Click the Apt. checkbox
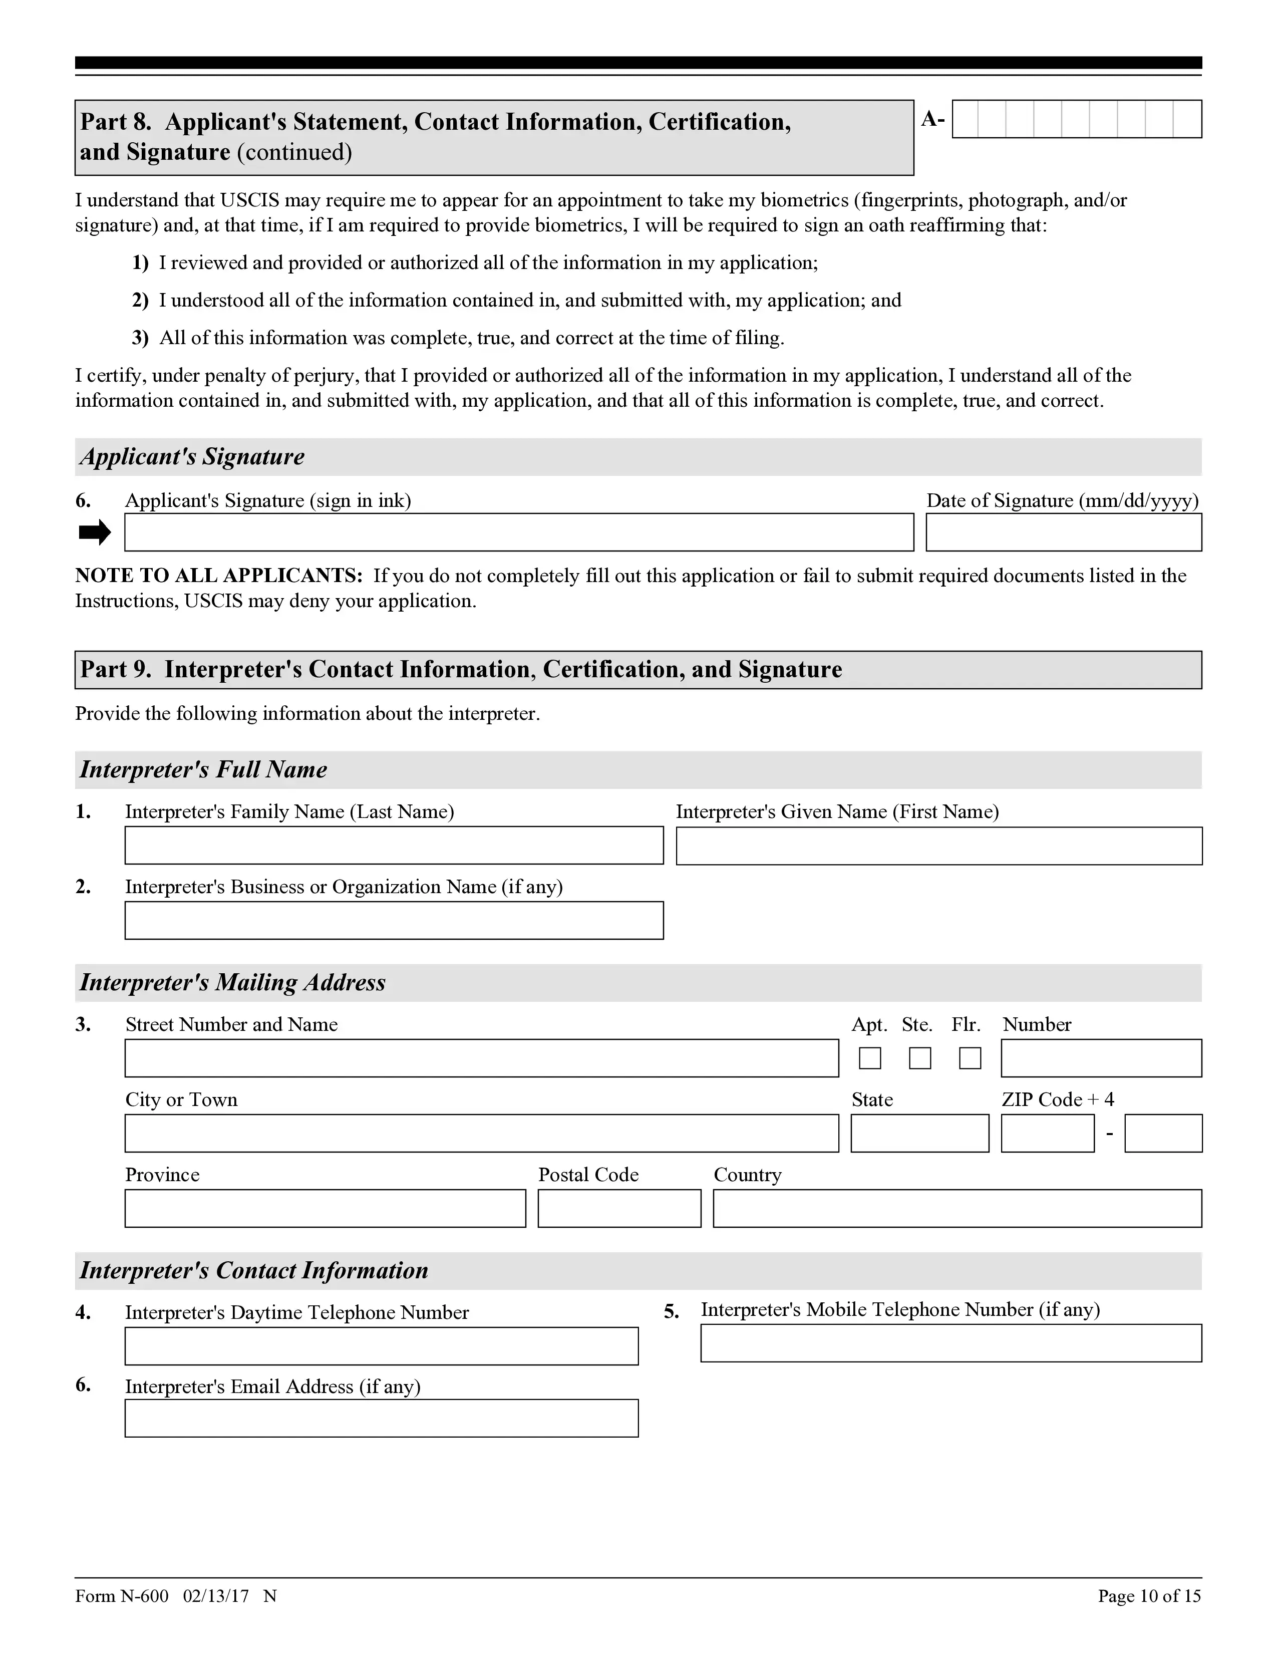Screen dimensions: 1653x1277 coord(870,1057)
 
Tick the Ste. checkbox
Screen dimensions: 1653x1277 coord(920,1057)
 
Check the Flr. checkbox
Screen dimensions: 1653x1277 coord(970,1057)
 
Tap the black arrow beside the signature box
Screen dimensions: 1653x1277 coord(95,533)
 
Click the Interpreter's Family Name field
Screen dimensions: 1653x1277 coord(394,846)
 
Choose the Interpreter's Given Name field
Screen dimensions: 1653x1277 coord(939,846)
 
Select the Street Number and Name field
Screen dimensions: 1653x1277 coord(482,1058)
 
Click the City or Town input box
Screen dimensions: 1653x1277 coord(482,1133)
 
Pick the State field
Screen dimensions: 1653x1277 coord(920,1133)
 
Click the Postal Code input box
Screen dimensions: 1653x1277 coord(619,1208)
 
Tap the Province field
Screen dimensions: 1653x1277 coord(326,1208)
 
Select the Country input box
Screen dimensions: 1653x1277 coord(957,1208)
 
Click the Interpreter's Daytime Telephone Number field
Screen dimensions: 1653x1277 coord(381,1346)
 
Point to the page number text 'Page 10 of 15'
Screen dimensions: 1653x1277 coord(1149,1596)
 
